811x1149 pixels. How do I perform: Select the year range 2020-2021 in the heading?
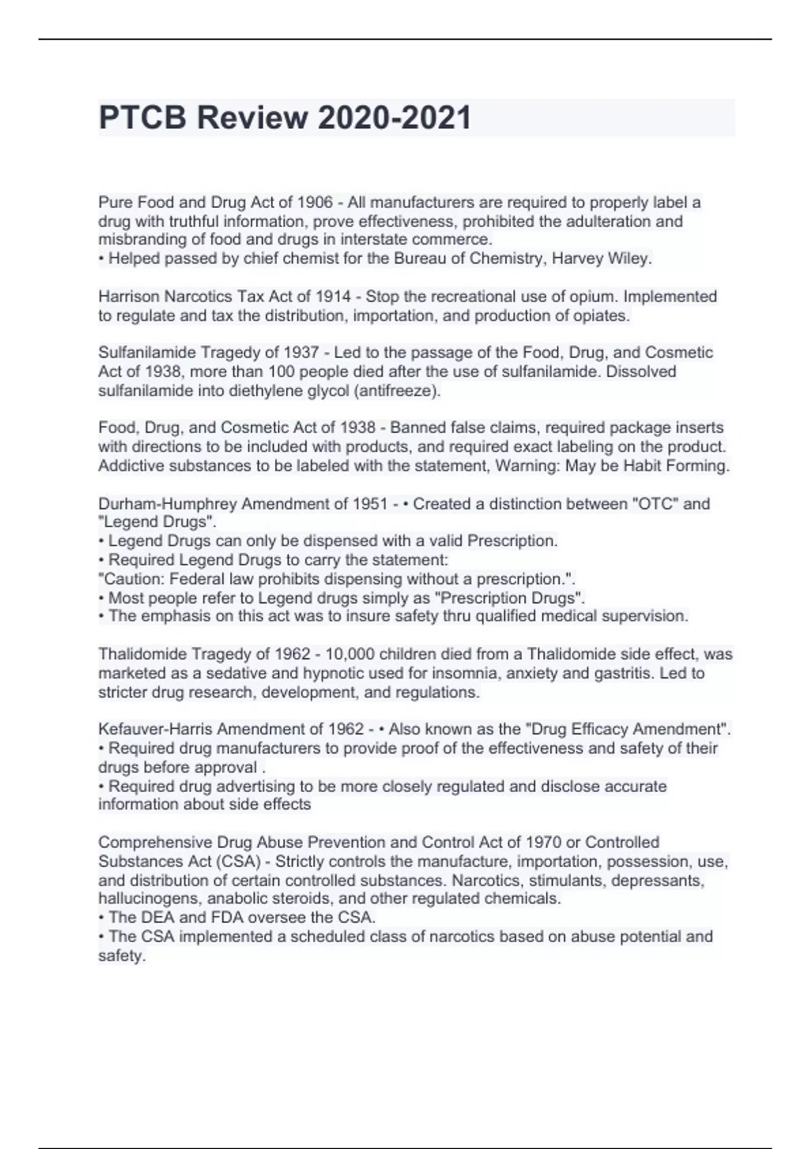[x=394, y=118]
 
